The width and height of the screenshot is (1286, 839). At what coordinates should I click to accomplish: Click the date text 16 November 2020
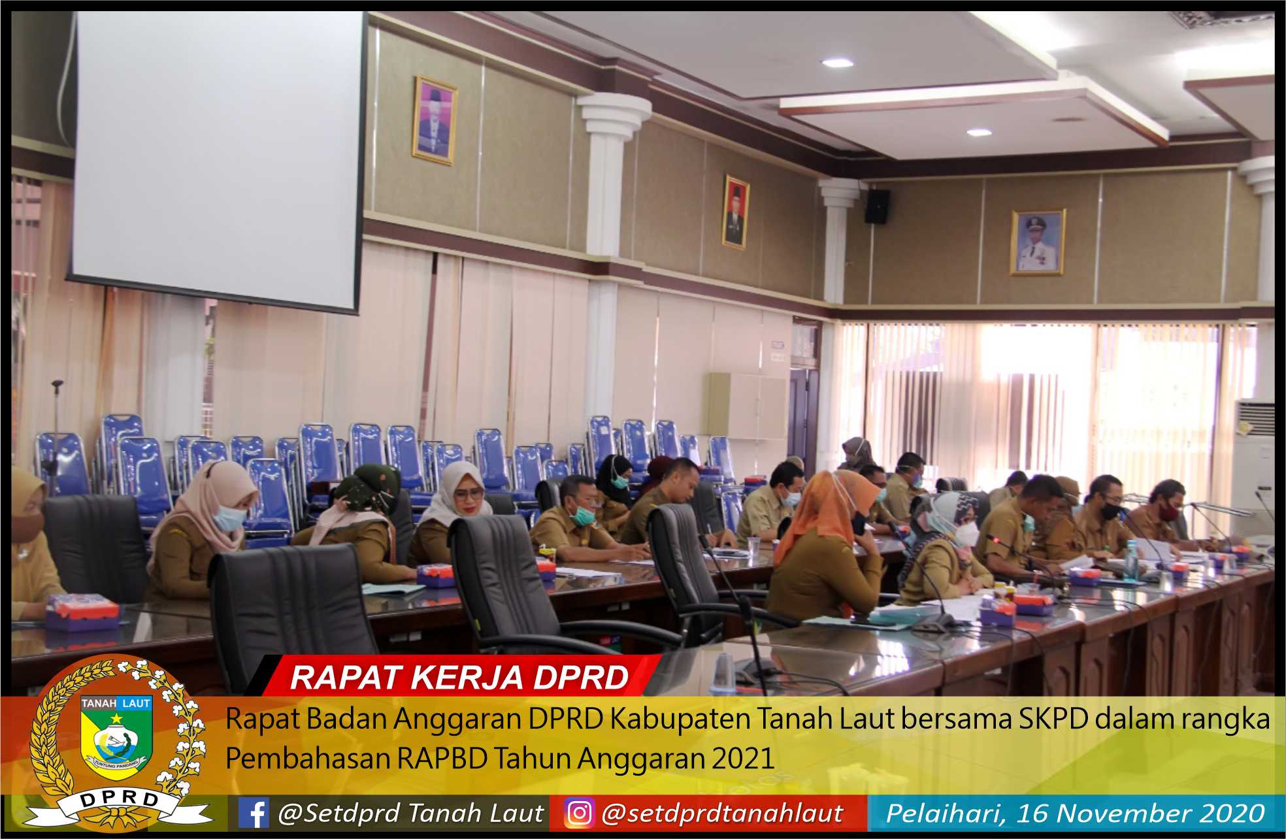tap(1159, 814)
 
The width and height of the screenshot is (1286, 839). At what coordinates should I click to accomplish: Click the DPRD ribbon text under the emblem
tap(117, 800)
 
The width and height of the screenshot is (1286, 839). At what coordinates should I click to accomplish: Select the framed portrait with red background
tap(736, 212)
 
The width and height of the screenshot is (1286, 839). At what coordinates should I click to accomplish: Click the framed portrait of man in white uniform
tap(1038, 242)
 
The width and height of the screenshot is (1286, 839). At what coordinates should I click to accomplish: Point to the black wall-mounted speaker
tap(877, 206)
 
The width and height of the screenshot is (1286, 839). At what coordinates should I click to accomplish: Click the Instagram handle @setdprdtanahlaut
tap(722, 814)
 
